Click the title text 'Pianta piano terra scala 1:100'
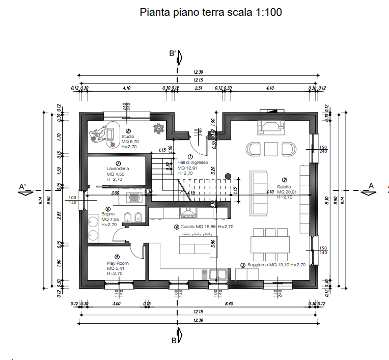(x=210, y=12)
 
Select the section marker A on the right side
(x=371, y=186)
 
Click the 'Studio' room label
(x=128, y=136)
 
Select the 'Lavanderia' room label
(x=118, y=169)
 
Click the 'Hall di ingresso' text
(x=192, y=162)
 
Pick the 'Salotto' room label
(x=284, y=186)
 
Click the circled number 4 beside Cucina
(x=176, y=227)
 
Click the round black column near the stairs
(x=228, y=176)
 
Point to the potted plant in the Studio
(x=159, y=128)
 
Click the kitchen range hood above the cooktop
(x=188, y=211)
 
